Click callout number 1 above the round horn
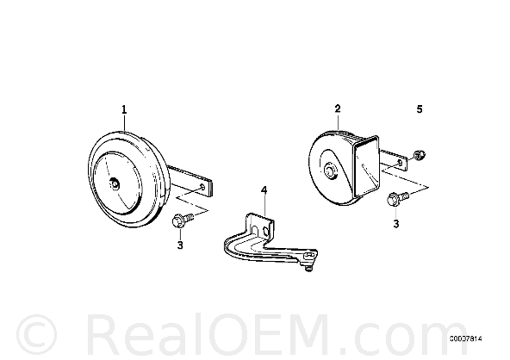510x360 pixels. coord(124,109)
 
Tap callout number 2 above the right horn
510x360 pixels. coord(338,109)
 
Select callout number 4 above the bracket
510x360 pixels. coord(264,190)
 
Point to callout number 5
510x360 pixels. coord(420,109)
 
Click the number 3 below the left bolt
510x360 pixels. coord(180,245)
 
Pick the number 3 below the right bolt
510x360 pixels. coord(396,224)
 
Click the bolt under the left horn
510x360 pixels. coord(182,220)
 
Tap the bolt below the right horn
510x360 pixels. coord(397,198)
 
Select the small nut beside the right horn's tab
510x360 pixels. coord(420,155)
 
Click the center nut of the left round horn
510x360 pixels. coord(115,184)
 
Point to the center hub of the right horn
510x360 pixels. coord(331,171)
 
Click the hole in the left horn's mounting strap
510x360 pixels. coord(202,187)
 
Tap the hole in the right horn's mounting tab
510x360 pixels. coord(401,162)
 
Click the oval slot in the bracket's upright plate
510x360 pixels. coord(265,231)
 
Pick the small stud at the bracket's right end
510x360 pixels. coord(308,268)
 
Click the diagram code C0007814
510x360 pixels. coord(466,338)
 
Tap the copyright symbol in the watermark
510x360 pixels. coord(36,335)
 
